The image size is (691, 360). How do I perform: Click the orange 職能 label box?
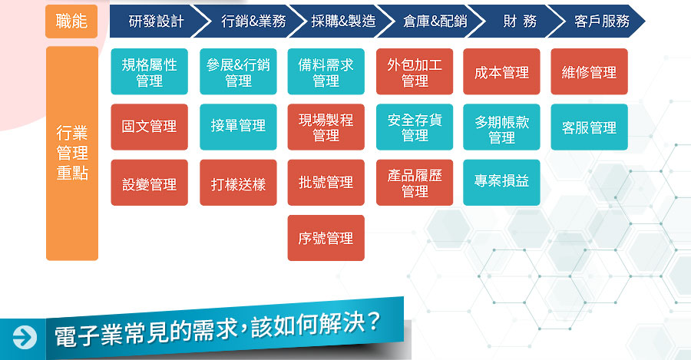pos(71,21)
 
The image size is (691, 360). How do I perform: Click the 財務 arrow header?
pos(517,21)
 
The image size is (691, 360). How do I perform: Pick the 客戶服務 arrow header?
pos(600,21)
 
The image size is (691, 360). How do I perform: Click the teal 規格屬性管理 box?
pos(150,72)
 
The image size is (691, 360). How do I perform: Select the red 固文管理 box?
pos(150,127)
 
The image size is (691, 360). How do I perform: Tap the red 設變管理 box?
pos(150,183)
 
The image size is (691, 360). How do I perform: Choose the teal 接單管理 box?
pos(238,127)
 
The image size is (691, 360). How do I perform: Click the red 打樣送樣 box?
pos(238,183)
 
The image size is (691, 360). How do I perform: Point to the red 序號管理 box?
pos(326,238)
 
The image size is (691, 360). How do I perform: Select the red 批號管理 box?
pos(326,183)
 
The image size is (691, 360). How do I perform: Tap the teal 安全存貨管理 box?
pos(415,127)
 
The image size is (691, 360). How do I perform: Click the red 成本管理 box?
pos(501,72)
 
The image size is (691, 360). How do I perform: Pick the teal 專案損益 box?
pos(501,183)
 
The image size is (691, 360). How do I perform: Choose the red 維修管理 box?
pos(589,72)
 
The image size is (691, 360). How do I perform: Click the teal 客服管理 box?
pos(589,127)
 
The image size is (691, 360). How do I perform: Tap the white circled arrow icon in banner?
pos(25,338)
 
